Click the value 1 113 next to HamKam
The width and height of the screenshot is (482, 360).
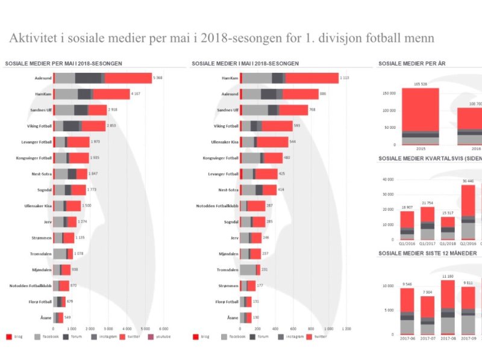coord(344,78)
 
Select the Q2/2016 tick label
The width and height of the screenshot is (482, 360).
coord(468,244)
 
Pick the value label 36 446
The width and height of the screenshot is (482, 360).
coord(468,181)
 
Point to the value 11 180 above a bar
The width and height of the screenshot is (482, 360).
coord(448,276)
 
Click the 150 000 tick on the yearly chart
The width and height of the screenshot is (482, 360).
coord(387,93)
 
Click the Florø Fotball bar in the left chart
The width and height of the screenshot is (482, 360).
coord(59,301)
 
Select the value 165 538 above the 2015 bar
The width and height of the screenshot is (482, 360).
coord(420,84)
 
